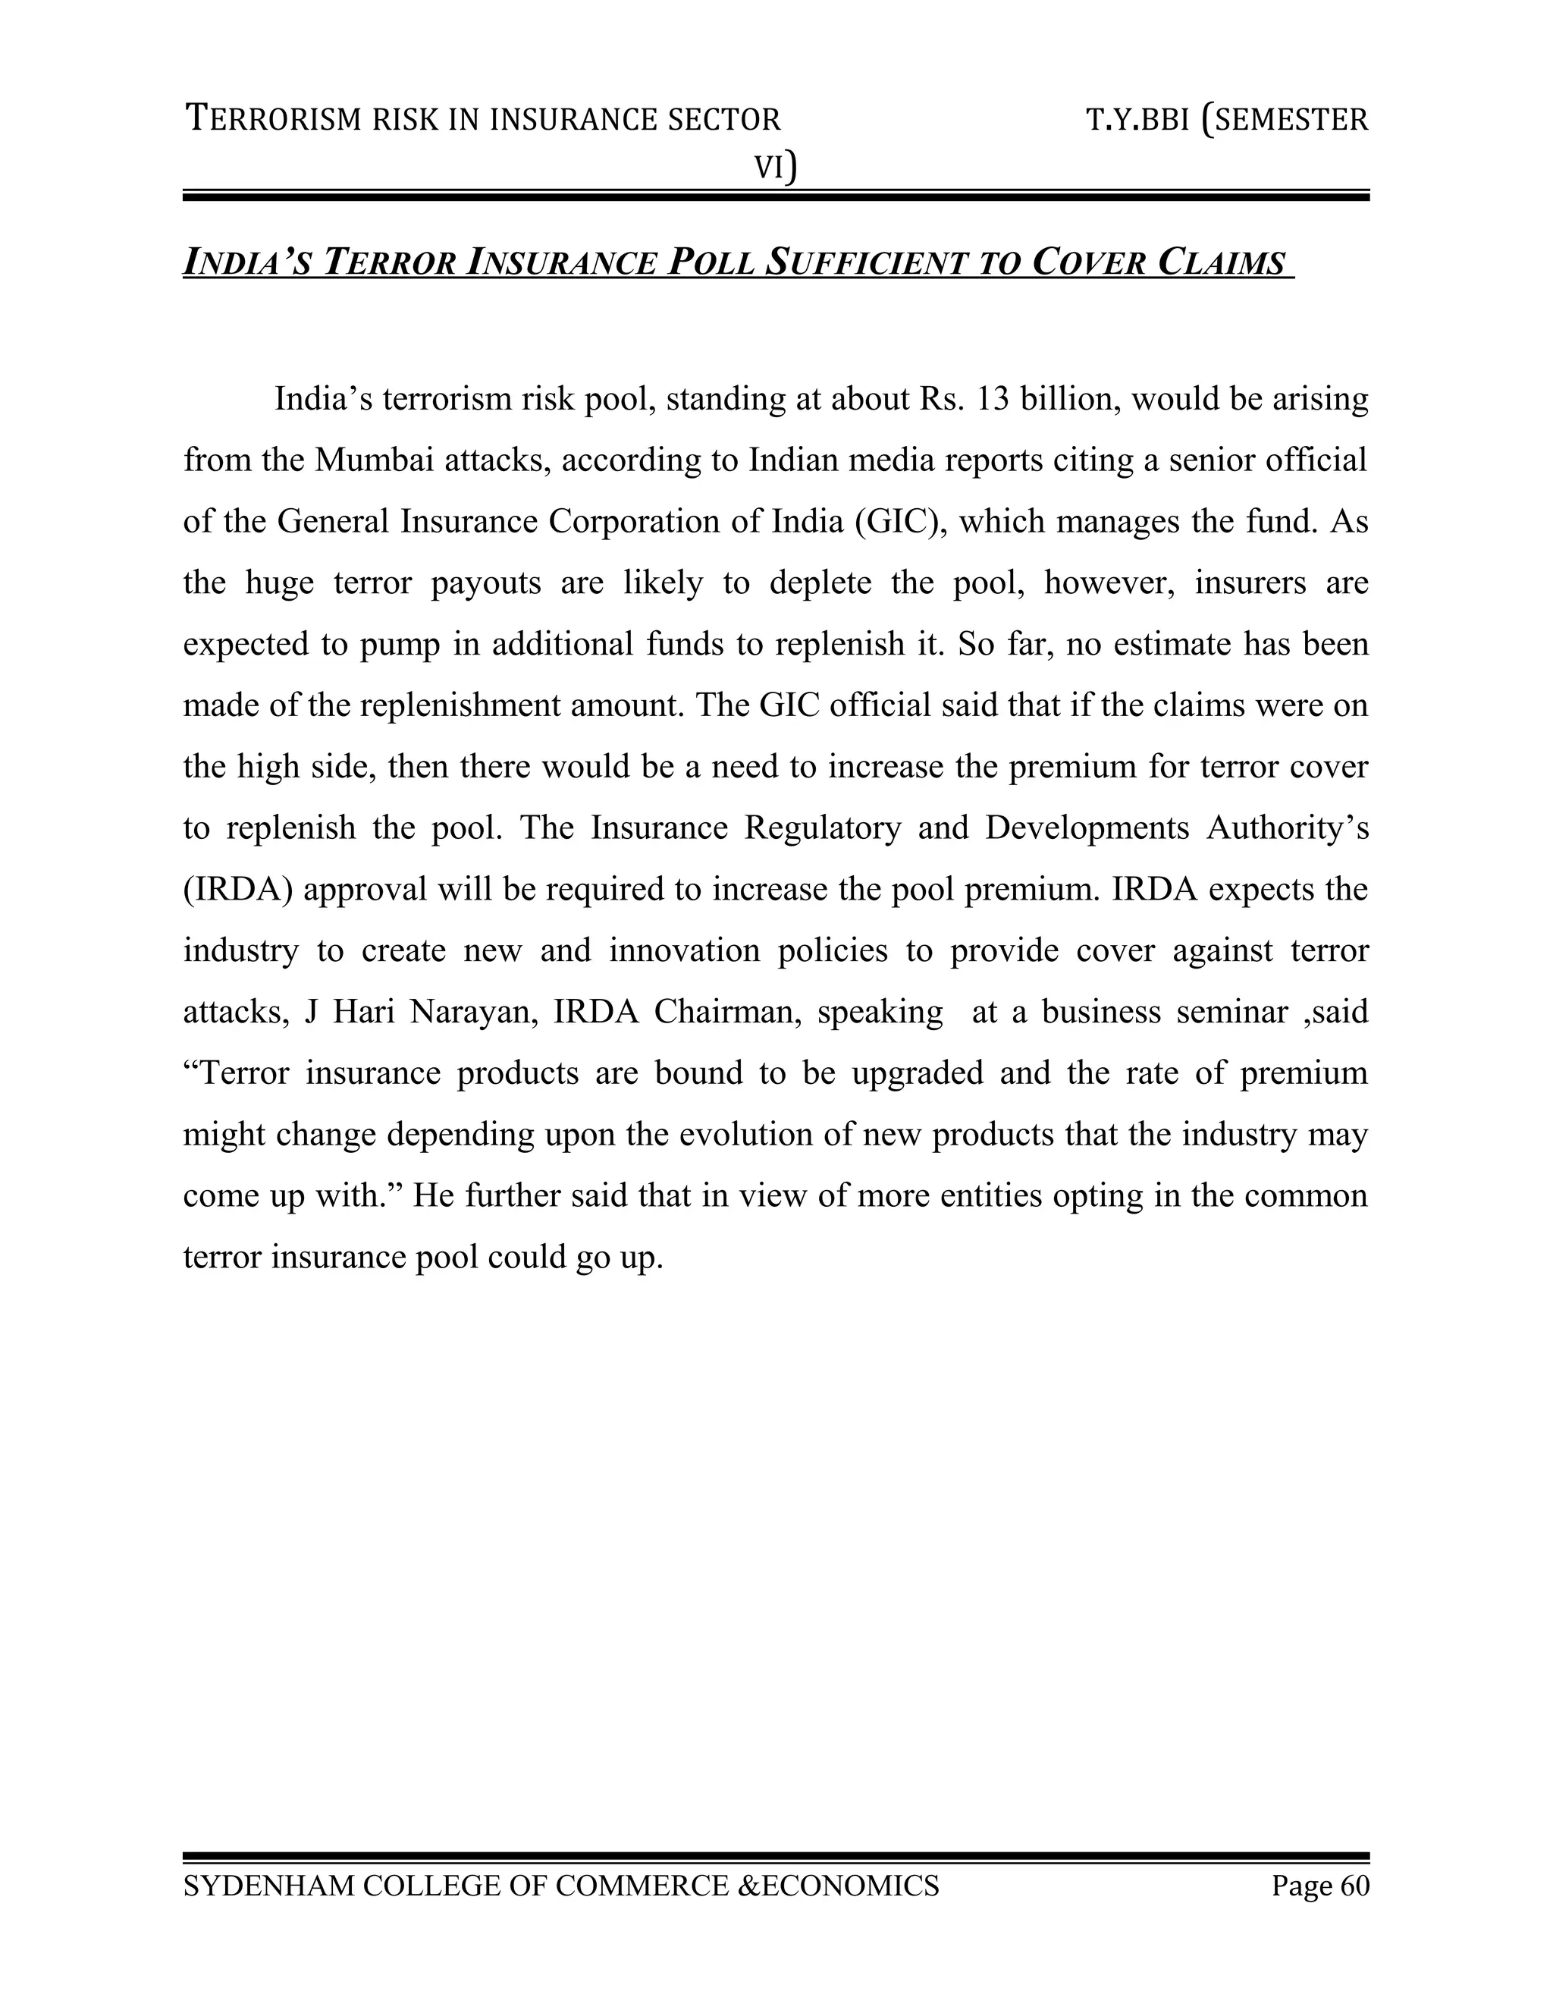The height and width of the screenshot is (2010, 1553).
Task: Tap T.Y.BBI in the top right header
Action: point(1138,120)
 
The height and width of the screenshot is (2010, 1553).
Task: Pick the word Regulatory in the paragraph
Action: point(823,828)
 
